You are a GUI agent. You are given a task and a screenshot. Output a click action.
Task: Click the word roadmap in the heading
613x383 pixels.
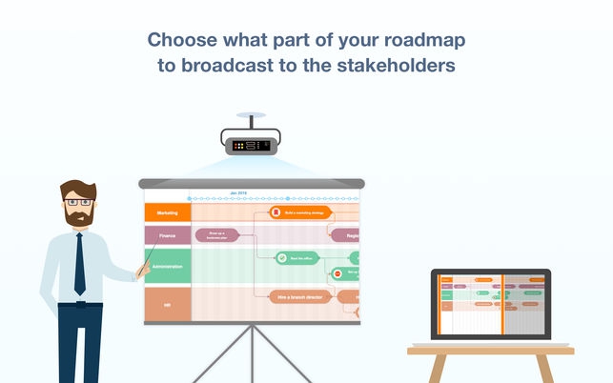pyautogui.click(x=418, y=40)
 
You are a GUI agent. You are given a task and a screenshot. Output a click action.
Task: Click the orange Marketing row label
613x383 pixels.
pyautogui.click(x=167, y=212)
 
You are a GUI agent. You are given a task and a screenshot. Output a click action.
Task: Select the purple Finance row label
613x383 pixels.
pyautogui.click(x=167, y=233)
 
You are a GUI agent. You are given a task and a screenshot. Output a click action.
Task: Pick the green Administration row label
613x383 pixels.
pyautogui.click(x=167, y=266)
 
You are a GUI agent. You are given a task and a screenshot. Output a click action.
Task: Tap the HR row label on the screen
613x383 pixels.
pyautogui.click(x=167, y=304)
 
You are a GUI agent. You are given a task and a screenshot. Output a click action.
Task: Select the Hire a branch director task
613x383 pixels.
pyautogui.click(x=300, y=297)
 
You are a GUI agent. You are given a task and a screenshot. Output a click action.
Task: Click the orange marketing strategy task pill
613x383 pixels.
pyautogui.click(x=301, y=212)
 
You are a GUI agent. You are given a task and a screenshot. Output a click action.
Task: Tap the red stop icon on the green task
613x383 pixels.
pyautogui.click(x=337, y=273)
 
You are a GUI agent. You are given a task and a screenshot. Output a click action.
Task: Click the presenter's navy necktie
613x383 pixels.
pyautogui.click(x=79, y=263)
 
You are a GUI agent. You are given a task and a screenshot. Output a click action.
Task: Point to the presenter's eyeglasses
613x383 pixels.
pyautogui.click(x=80, y=202)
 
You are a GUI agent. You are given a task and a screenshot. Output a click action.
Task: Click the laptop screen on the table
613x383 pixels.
pyautogui.click(x=490, y=304)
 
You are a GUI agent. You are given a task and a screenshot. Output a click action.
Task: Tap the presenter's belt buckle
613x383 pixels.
pyautogui.click(x=80, y=305)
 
